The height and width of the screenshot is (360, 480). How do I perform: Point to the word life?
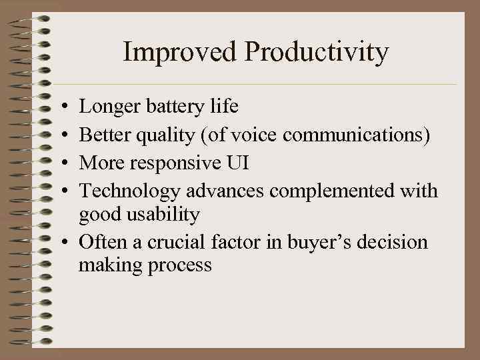[223, 107]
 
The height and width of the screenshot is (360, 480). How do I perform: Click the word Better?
[105, 135]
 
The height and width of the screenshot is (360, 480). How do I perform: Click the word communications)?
[357, 135]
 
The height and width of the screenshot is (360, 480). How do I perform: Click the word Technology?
[129, 191]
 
